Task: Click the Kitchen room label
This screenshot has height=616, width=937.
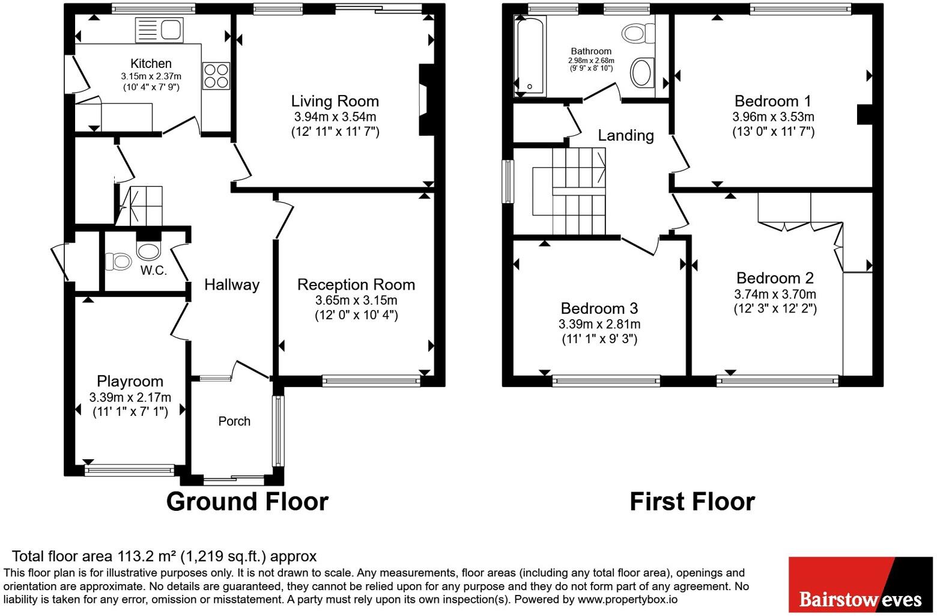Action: coord(151,64)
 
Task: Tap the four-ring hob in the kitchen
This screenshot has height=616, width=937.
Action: coord(216,76)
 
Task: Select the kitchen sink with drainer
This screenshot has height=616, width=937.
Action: coord(159,30)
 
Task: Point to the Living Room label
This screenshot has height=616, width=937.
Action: coord(335,102)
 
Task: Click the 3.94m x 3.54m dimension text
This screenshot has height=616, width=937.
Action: coord(335,117)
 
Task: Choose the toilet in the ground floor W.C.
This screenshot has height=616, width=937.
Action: coord(118,261)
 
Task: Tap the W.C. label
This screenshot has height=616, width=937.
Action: coord(154,270)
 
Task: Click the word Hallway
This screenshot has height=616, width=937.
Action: coord(232,285)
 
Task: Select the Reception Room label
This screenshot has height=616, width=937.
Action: coord(356,285)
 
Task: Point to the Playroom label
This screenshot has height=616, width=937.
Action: coord(130,381)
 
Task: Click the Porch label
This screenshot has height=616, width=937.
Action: coord(234,421)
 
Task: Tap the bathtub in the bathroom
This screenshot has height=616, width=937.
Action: coord(530,55)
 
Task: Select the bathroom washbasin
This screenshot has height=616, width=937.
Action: coord(642,73)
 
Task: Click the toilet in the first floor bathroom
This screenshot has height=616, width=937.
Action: coord(638,34)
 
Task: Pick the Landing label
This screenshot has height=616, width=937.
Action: coord(626,135)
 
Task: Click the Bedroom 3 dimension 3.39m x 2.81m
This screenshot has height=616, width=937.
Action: coord(599,324)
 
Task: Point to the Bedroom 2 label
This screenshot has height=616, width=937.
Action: coord(775,278)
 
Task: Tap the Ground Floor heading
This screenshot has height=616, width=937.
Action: coord(247,501)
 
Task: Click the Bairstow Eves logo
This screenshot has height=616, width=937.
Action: coord(861,585)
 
